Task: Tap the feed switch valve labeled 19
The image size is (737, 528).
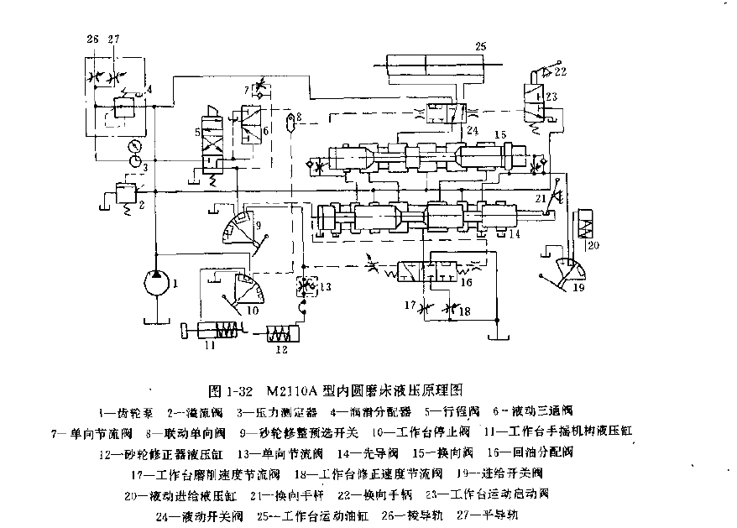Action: pyautogui.click(x=572, y=270)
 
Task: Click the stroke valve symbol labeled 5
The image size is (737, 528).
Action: pyautogui.click(x=209, y=143)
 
